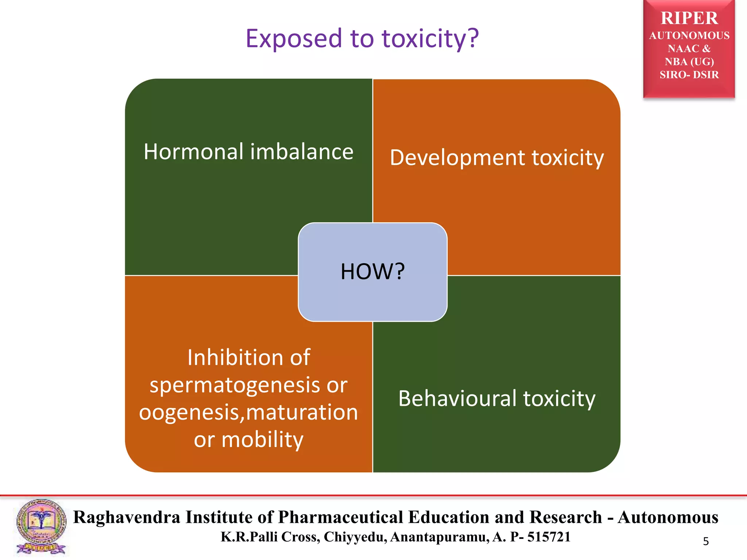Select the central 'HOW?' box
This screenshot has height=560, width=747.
coord(372,272)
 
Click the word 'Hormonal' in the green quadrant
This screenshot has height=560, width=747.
coord(193,152)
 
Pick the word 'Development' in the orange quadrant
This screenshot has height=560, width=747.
coord(457,158)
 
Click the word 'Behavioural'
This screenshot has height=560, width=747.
coord(457,398)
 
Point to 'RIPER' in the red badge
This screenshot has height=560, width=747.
coord(689,18)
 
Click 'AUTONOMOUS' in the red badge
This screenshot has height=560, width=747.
coord(689,35)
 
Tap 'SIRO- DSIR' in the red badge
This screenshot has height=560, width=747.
coord(689,75)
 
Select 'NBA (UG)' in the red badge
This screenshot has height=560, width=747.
coord(689,62)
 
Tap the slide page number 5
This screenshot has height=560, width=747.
coord(706,541)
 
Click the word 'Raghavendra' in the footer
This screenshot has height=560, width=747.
coord(127,517)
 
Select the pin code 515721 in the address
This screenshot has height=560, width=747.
coord(549,537)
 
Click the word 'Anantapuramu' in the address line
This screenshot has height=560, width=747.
coord(439,537)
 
